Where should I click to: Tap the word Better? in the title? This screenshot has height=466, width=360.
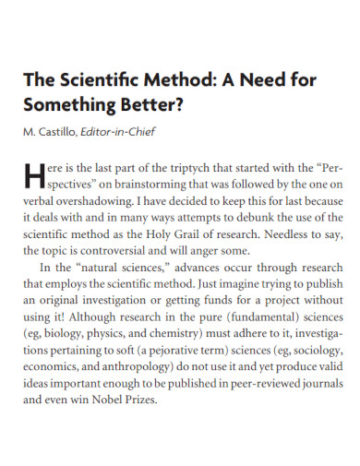point(155,103)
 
